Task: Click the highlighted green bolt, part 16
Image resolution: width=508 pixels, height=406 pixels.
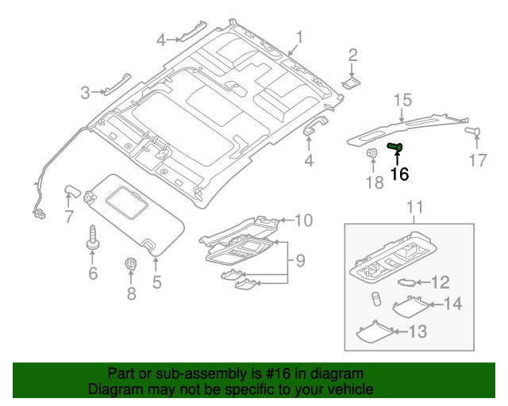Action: coord(395,147)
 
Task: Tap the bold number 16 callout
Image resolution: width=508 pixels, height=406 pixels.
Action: coord(398,174)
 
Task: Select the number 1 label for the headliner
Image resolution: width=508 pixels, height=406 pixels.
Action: coord(300,36)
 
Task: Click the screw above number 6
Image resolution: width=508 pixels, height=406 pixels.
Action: coord(93,239)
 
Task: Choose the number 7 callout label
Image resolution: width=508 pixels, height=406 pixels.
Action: coord(69,216)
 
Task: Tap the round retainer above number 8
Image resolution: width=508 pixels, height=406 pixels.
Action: coord(132,264)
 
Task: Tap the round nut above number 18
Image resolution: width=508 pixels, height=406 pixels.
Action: coord(372,153)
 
